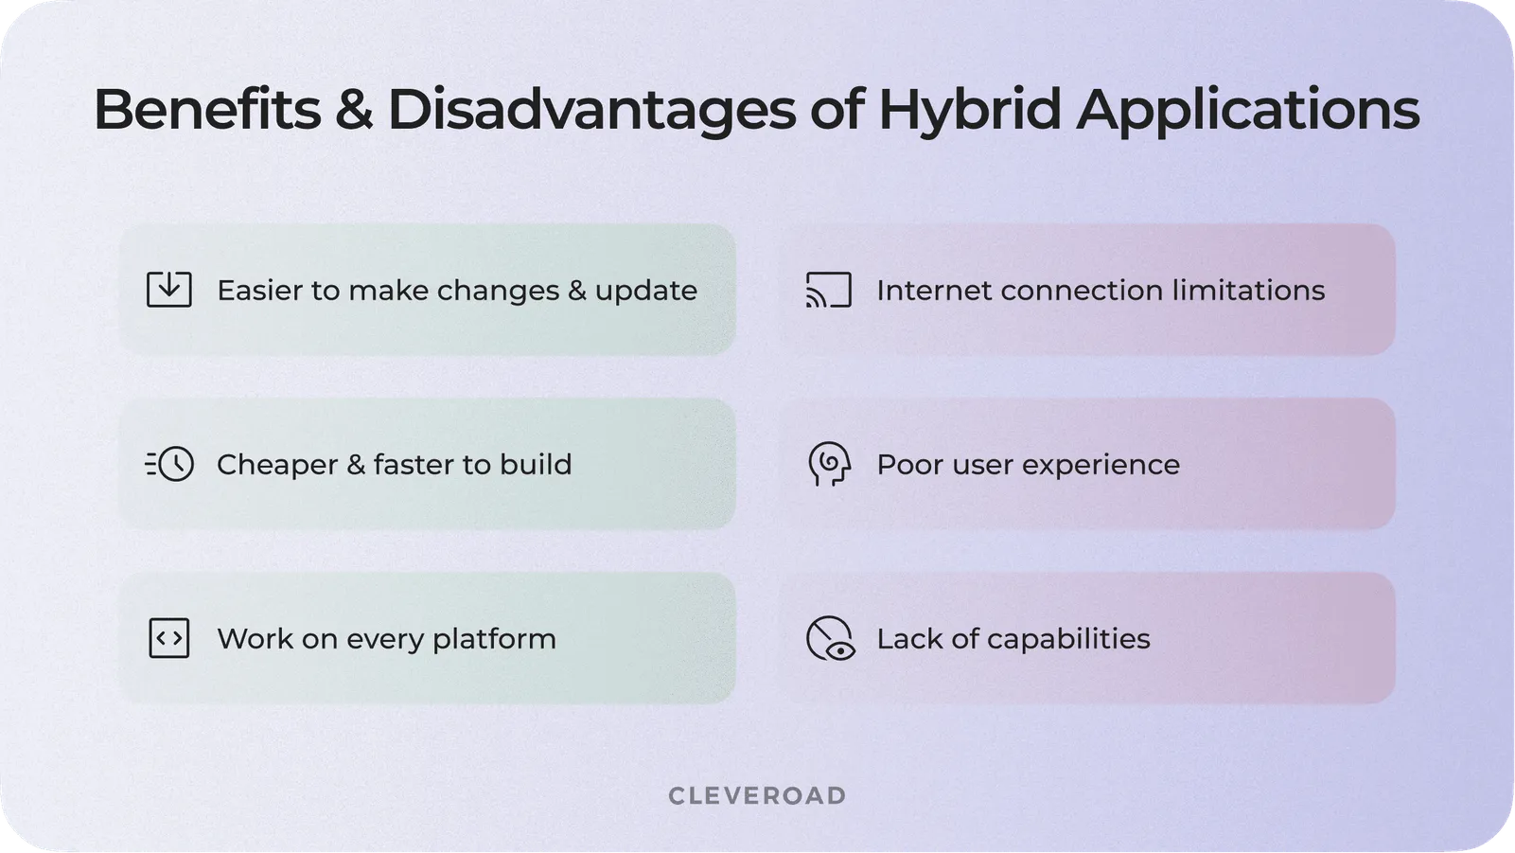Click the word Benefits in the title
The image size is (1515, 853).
coord(206,110)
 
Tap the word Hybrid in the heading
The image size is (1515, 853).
coord(969,110)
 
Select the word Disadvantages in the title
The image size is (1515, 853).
coord(591,110)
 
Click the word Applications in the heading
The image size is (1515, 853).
coord(1247,110)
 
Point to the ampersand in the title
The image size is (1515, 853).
coord(354,110)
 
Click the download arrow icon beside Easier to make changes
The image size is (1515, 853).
coord(169,290)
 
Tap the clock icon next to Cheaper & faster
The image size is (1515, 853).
coord(175,464)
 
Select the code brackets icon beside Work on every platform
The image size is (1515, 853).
coord(169,638)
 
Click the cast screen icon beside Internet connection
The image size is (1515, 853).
coord(828,290)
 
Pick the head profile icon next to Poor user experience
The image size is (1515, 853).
coord(829,464)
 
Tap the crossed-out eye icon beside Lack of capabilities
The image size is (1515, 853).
coord(830,638)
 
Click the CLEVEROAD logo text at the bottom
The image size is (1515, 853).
coord(757,795)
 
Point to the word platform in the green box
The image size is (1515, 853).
coord(494,639)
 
